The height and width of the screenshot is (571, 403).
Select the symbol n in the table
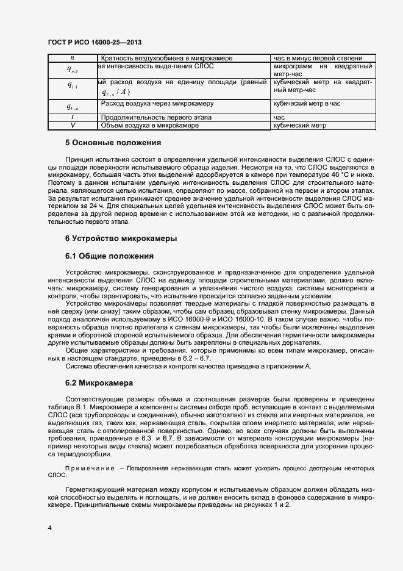[x=72, y=58]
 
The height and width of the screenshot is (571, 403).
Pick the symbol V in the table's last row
[x=72, y=125]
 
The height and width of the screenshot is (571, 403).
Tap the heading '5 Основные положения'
[x=113, y=143]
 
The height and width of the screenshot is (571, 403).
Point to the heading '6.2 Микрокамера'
[x=99, y=384]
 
